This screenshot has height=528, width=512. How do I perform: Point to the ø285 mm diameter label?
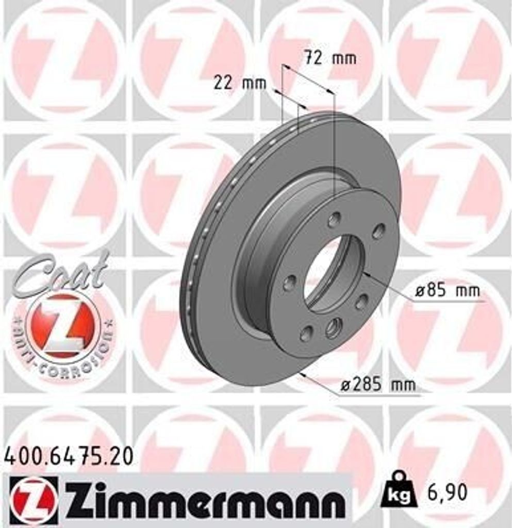(378, 384)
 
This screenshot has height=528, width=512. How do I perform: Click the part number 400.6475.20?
(69, 456)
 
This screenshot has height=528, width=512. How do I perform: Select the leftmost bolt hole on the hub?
(290, 283)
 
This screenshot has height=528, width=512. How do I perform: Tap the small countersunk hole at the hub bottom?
(333, 328)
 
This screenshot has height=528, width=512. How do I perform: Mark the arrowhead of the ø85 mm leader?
(366, 274)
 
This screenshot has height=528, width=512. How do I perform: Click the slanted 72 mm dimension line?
(308, 80)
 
